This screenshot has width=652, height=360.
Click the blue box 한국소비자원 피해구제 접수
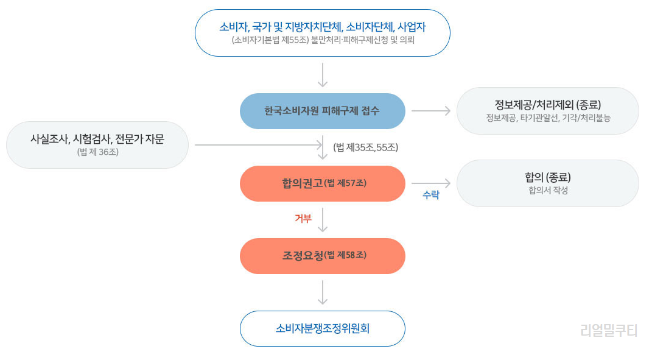click(322, 111)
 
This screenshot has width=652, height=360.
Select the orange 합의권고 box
click(322, 183)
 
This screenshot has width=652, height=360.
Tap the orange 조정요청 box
click(322, 256)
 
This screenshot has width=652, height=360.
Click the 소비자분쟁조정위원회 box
click(322, 329)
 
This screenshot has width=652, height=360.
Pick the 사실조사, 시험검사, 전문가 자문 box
click(97, 145)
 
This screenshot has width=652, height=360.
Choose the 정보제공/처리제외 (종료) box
click(547, 110)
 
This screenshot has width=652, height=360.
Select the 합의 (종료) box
click(547, 183)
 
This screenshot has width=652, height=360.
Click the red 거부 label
click(303, 219)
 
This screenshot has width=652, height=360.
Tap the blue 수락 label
click(431, 196)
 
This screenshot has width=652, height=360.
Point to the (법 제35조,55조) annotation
click(365, 147)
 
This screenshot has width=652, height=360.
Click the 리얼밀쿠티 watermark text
click(609, 331)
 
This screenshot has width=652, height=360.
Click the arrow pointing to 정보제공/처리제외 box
click(430, 111)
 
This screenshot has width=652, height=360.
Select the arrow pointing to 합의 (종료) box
click(430, 183)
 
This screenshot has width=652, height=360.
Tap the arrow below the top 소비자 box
click(323, 75)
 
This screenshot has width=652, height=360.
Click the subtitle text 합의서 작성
click(547, 191)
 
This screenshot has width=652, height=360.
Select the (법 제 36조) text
click(97, 152)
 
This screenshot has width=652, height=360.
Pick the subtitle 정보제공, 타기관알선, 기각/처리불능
click(547, 118)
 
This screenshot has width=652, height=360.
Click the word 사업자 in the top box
click(411, 27)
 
